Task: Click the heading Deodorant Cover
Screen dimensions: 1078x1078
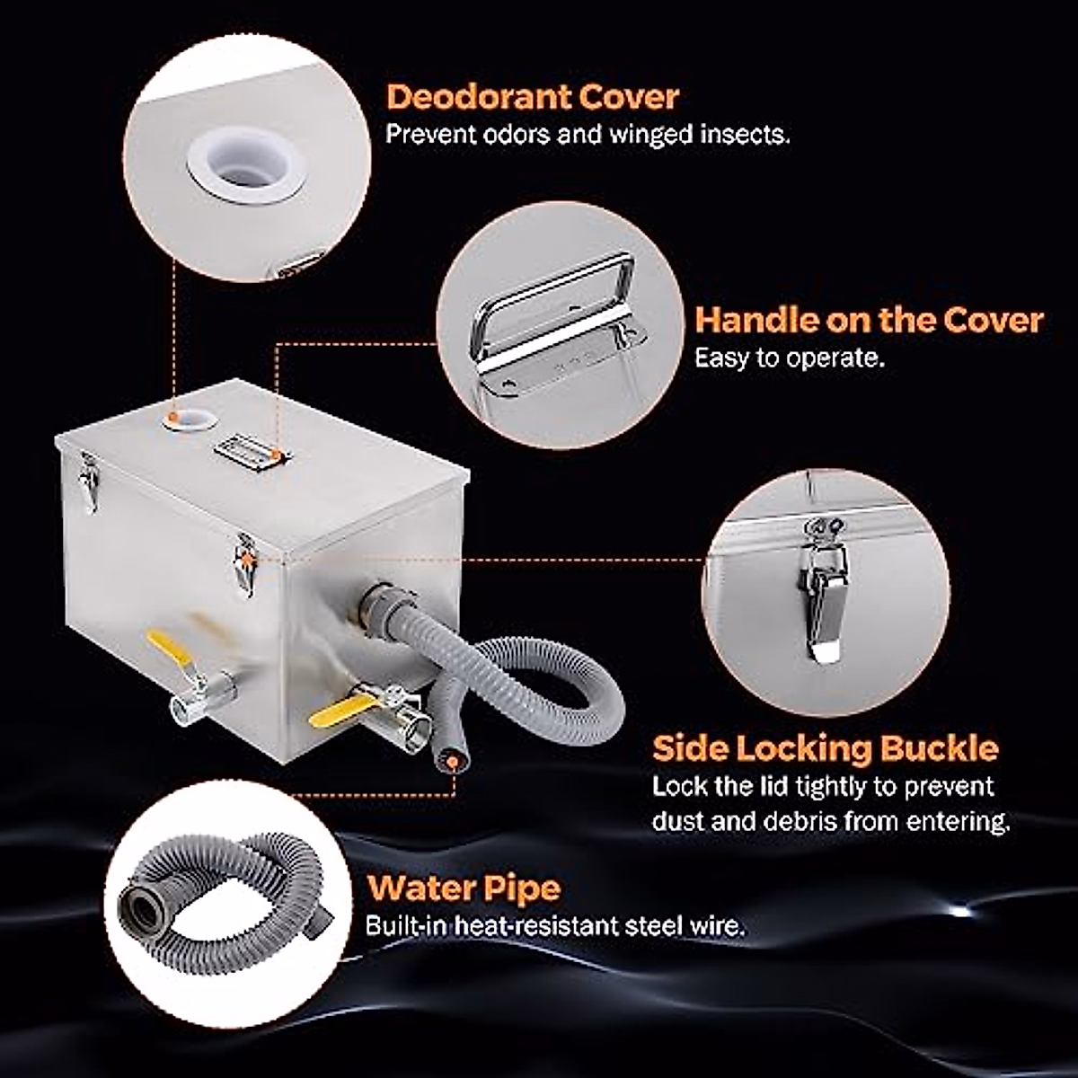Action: (532, 96)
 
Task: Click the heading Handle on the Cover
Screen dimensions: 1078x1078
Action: (869, 320)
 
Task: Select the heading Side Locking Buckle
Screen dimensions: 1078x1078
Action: (825, 747)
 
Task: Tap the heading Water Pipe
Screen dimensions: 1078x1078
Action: (464, 888)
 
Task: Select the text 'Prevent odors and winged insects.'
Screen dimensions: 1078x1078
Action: (588, 136)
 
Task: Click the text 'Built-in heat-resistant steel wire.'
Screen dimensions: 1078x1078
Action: (554, 926)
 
